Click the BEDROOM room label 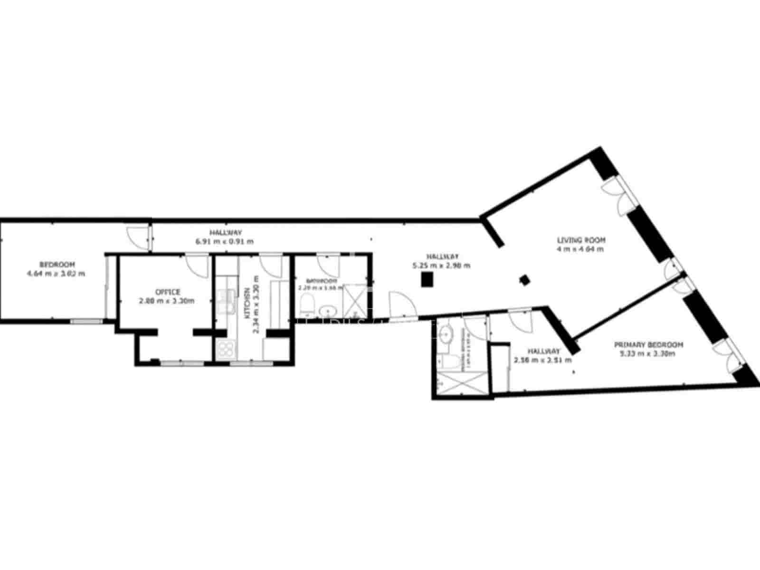(x=57, y=264)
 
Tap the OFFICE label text (x=167, y=292)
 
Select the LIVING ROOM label (x=581, y=240)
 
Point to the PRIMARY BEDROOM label (x=648, y=344)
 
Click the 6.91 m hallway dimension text (x=225, y=241)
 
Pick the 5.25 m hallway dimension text (x=442, y=266)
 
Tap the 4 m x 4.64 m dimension (x=580, y=249)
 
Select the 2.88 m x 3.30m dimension (x=167, y=301)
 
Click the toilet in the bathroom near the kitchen (x=307, y=304)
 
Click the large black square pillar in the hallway (x=427, y=280)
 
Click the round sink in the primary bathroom (x=446, y=334)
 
